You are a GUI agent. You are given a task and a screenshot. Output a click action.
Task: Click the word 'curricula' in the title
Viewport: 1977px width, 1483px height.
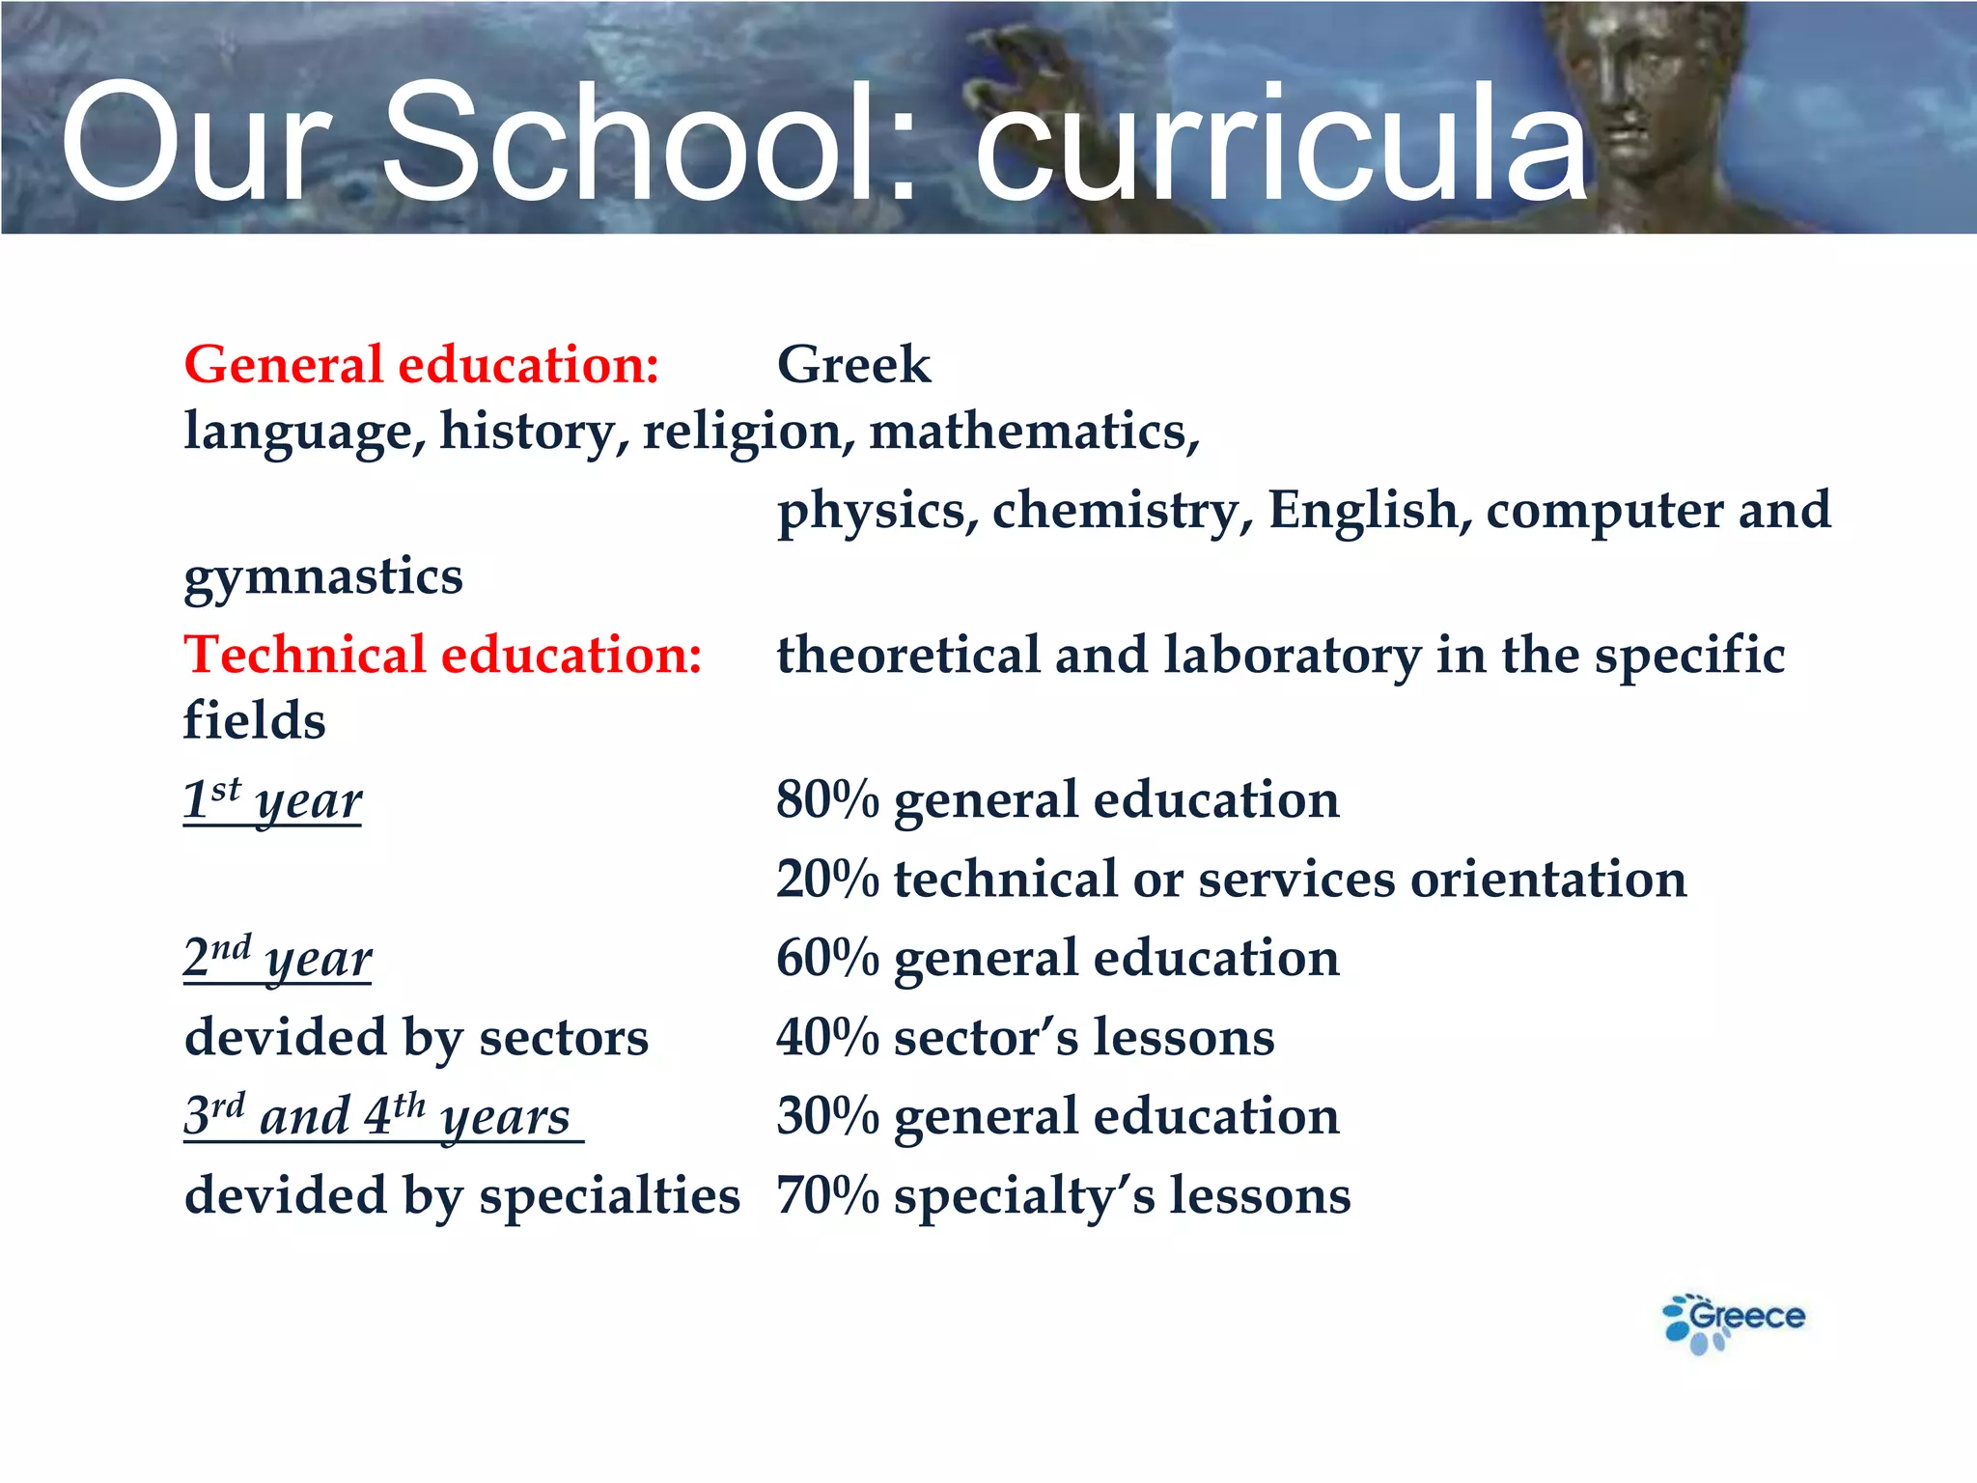[1280, 145]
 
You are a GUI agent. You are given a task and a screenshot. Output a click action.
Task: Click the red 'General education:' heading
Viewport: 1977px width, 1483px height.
[422, 366]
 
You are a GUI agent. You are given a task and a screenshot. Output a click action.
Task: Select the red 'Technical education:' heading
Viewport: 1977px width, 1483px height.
[443, 656]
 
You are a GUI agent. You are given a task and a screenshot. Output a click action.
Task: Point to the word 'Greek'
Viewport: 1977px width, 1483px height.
[853, 366]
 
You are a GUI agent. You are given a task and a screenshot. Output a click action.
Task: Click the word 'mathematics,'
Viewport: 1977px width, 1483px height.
[1034, 432]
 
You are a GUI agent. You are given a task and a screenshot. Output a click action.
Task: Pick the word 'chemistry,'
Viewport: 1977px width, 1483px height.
[1123, 511]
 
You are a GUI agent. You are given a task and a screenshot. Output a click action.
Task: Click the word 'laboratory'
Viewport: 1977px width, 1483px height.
[1292, 656]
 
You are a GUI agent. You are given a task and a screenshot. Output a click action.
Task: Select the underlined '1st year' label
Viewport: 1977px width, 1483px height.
[273, 800]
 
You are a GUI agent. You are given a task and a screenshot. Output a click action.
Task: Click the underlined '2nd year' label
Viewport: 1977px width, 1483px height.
[278, 959]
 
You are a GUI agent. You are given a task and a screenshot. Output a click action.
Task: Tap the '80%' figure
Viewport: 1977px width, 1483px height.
[827, 800]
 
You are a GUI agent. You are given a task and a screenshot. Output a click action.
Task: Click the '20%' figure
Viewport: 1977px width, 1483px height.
[827, 880]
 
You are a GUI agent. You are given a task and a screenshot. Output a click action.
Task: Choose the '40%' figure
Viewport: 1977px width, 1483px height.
[827, 1038]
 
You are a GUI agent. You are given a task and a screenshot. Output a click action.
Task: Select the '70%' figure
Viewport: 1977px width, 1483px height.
[827, 1196]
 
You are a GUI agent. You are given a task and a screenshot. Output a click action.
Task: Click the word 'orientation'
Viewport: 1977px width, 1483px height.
[1548, 880]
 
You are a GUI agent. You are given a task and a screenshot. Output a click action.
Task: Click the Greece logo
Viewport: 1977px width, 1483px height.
[1734, 1321]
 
